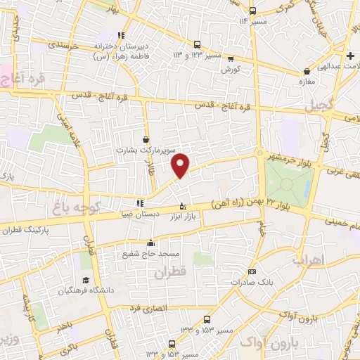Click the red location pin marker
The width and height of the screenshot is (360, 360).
[181, 165]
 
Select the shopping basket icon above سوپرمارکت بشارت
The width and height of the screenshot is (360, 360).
[146, 139]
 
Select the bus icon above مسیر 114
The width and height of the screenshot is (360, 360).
[253, 11]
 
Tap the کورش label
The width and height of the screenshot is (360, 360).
[231, 70]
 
